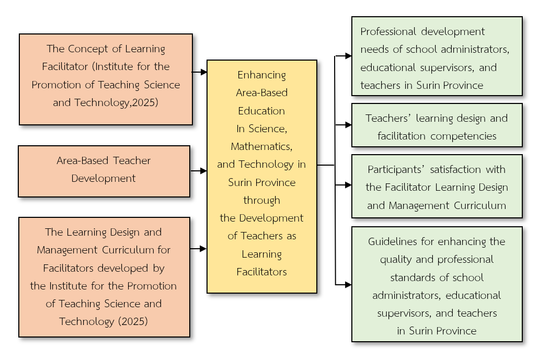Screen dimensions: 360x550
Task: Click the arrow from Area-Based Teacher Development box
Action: pos(199,171)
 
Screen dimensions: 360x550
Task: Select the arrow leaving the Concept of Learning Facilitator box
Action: pos(200,73)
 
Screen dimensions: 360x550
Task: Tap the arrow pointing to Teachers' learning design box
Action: pos(343,125)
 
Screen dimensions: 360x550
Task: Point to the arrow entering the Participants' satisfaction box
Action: pos(343,185)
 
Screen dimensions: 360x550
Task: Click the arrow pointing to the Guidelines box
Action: pos(343,285)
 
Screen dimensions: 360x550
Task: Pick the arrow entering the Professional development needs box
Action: pos(343,55)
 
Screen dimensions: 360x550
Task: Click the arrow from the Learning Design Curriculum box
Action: pos(199,249)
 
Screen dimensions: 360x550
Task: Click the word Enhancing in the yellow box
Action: pos(261,75)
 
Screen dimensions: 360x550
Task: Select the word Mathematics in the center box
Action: pos(261,146)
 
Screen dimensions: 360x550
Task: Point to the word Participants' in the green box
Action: pos(393,169)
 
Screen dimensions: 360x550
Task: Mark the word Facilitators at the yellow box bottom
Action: pos(261,272)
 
